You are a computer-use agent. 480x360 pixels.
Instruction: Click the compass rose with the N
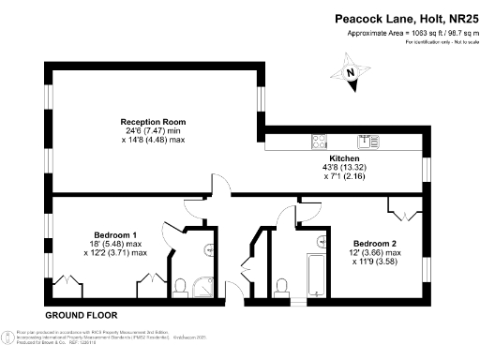pos(350,73)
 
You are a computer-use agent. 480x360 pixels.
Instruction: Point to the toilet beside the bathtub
pos(284,281)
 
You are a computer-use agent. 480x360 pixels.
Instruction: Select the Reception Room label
pos(153,122)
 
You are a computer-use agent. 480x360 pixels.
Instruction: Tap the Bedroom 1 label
pos(115,234)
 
